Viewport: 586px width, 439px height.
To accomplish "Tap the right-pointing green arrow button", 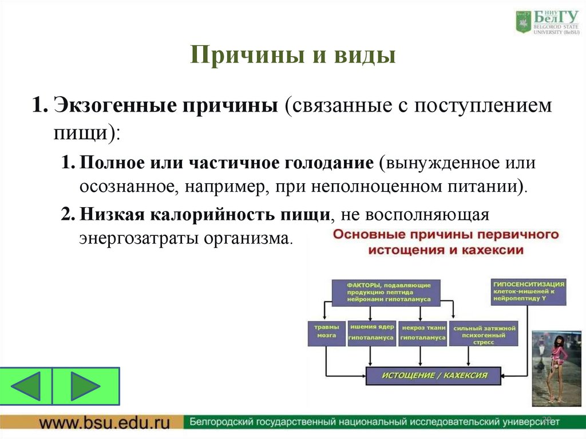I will (86, 385).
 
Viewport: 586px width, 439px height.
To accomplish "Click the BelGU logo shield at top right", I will (522, 21).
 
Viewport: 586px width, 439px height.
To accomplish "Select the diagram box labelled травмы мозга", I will (326, 332).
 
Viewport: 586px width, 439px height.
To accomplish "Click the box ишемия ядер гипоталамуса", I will (371, 332).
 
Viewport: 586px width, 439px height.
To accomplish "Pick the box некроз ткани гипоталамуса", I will (422, 332).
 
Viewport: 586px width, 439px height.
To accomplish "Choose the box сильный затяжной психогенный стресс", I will (484, 333).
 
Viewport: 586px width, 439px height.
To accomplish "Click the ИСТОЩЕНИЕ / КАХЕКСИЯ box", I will (435, 375).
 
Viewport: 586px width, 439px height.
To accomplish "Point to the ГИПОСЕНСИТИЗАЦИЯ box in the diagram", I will (528, 291).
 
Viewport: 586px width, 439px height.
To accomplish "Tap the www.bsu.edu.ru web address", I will (105, 424).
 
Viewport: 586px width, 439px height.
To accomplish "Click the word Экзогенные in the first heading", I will (113, 106).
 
